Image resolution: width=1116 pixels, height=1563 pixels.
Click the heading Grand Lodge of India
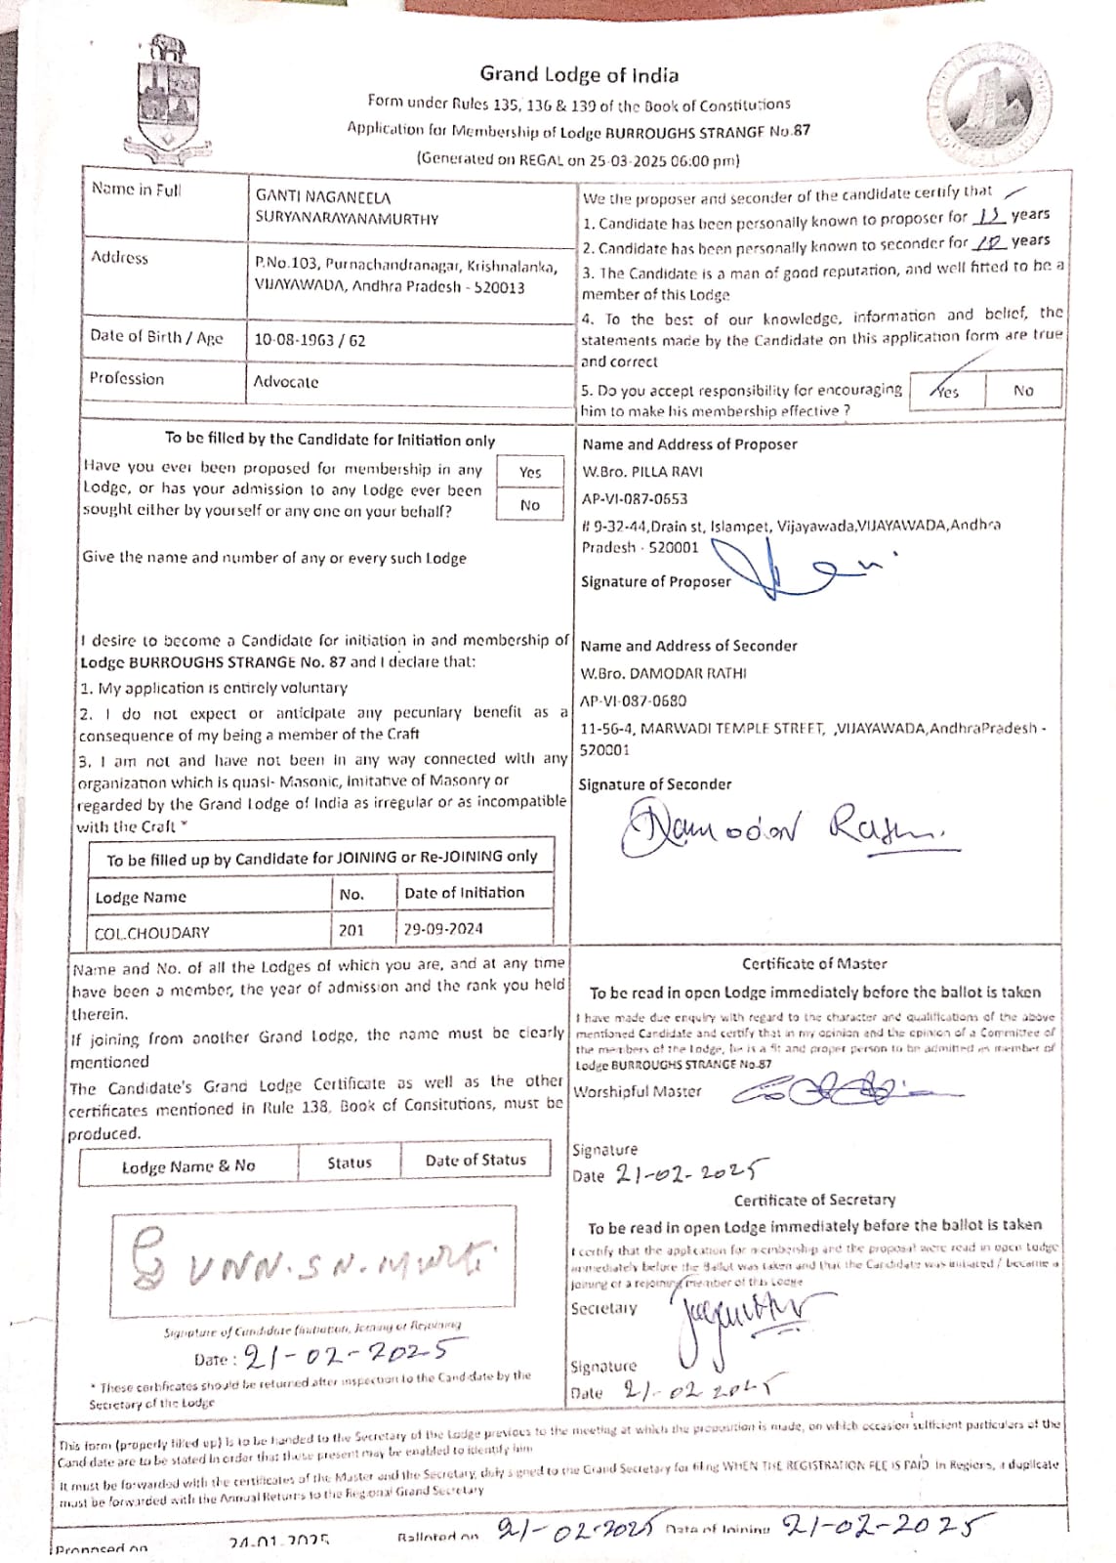[x=579, y=74]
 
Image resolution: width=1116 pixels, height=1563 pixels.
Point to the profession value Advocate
[x=286, y=382]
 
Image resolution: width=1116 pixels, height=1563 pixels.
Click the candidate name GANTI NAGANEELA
[x=322, y=196]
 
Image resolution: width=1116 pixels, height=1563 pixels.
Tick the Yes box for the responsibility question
[x=946, y=391]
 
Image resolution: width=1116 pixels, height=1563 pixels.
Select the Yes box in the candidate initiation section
[x=530, y=472]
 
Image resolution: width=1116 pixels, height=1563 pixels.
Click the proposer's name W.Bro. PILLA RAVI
[x=641, y=472]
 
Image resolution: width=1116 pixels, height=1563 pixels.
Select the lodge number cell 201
[x=351, y=930]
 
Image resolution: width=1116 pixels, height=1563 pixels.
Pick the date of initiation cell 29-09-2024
[x=443, y=929]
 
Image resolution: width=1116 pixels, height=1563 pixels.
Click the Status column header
[x=350, y=1162]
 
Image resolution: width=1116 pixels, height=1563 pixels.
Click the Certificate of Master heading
[x=814, y=963]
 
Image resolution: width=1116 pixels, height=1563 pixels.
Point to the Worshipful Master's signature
[x=840, y=1087]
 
